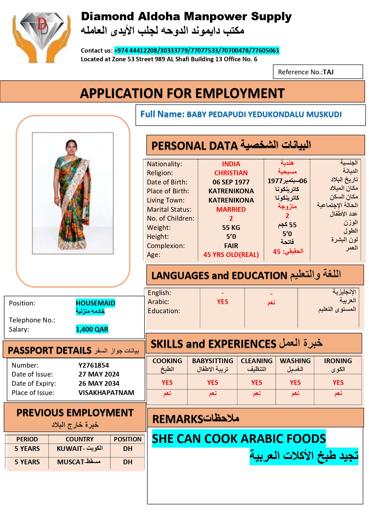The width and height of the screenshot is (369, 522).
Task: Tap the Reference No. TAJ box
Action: pos(318,72)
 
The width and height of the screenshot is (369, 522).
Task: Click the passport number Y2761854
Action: pos(94,365)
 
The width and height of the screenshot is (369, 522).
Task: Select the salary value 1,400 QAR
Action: pos(92,329)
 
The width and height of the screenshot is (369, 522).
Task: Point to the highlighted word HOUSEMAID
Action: pos(95,303)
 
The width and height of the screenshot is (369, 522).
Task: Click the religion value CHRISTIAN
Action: pos(231,173)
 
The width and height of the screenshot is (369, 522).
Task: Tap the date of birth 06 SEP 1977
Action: pos(231,182)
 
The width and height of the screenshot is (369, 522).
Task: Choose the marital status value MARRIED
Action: pos(231,209)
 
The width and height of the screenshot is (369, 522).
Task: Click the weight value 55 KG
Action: pos(231,228)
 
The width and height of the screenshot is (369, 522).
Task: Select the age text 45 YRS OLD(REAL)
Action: pos(231,255)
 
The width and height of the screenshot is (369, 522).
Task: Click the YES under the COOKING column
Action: pos(167,383)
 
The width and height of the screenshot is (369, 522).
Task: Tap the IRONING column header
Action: pos(338,361)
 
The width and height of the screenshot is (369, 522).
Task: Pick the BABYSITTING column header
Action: pos(213,361)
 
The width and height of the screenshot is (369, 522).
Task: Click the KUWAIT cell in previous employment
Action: pos(79,449)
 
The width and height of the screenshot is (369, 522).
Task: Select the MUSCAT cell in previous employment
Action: pos(79,462)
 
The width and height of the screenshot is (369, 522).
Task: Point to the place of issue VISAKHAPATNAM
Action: pos(106,393)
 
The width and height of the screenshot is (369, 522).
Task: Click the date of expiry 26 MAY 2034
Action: pos(99,383)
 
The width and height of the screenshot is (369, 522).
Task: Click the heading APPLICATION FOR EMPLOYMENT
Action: pos(182,93)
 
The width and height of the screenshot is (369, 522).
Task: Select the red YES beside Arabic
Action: pos(222,302)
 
